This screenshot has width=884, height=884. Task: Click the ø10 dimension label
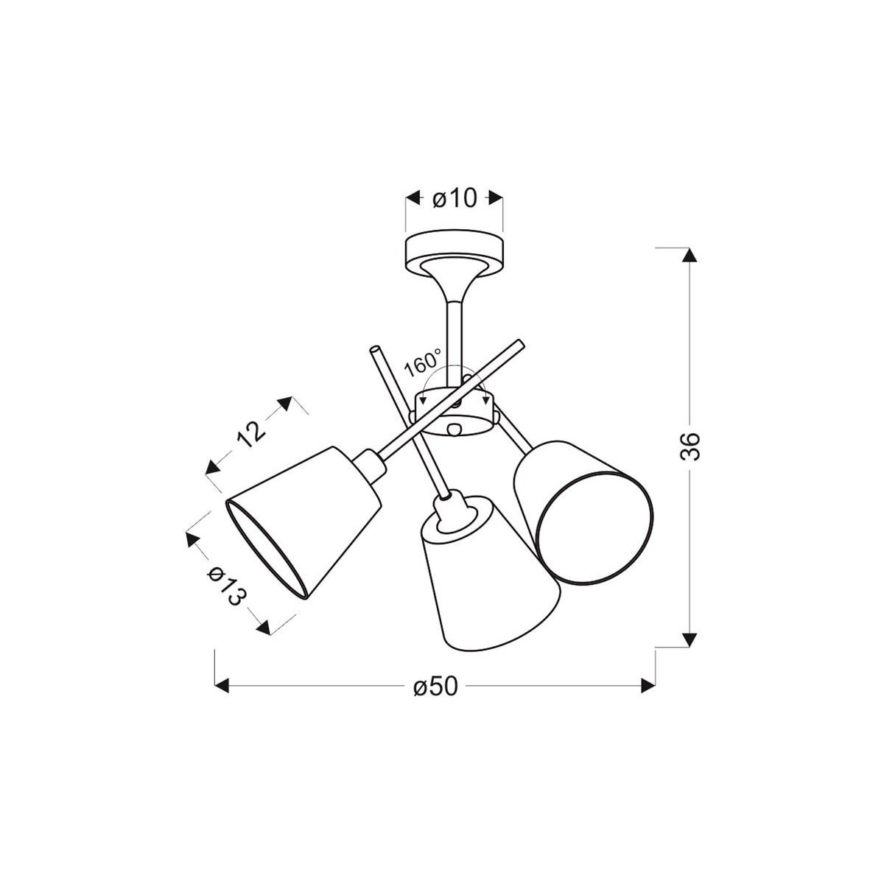(455, 199)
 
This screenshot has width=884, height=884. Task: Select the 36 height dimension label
(690, 446)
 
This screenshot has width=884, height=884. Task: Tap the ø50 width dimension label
(435, 699)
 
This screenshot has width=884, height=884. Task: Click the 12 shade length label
(252, 433)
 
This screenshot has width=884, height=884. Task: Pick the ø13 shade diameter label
(225, 586)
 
